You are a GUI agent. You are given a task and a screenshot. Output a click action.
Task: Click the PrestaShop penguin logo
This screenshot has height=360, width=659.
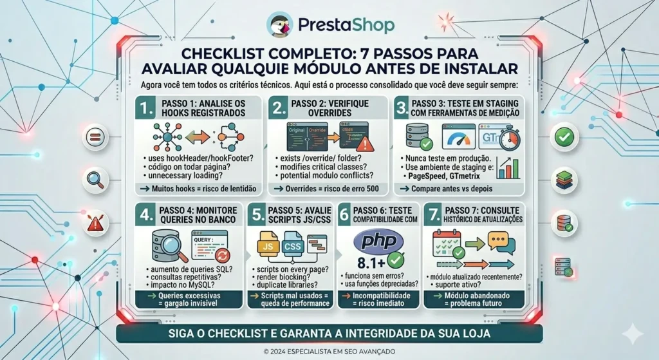280,24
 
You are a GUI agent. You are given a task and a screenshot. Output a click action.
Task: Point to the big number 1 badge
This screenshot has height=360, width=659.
146,109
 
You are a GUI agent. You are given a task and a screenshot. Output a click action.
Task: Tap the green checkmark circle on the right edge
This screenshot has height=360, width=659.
566,137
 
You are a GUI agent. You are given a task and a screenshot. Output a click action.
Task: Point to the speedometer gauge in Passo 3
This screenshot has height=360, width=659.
459,137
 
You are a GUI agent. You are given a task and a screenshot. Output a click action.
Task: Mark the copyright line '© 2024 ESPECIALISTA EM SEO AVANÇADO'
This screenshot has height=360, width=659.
329,352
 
